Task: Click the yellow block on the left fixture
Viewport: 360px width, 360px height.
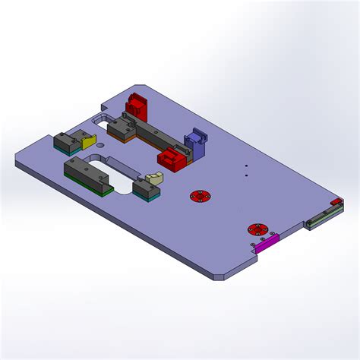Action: pos(89,142)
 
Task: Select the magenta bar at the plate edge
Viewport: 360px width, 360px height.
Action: pos(267,243)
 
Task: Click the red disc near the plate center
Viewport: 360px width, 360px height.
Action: pos(200,196)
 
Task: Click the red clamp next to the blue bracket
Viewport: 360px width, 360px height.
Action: pos(172,158)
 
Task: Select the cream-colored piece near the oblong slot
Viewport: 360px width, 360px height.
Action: pos(156,178)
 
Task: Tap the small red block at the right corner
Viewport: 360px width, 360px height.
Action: pos(336,201)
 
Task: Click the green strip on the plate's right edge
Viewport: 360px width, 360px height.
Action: pos(320,221)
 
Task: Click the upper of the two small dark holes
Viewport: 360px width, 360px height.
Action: pos(246,166)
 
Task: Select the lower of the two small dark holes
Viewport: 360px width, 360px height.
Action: pos(246,175)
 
